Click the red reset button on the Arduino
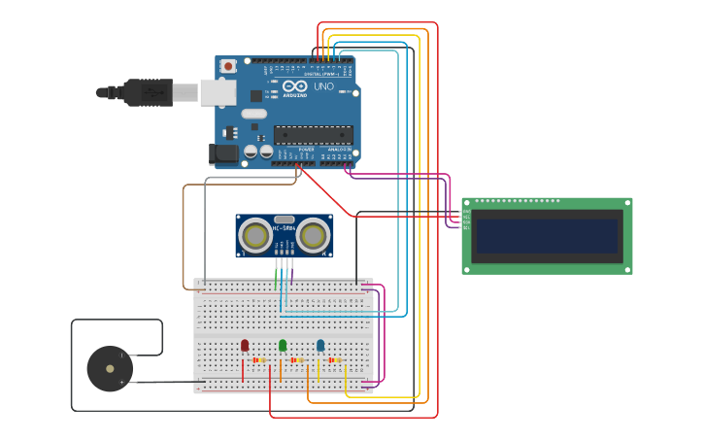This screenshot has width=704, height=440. point(228,66)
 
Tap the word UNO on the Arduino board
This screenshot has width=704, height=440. point(323,86)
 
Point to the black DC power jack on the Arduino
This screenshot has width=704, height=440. point(224,153)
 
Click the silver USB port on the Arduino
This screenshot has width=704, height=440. point(218,92)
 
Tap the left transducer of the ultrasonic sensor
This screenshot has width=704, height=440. point(255,235)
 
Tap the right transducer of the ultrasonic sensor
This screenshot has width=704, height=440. point(313,235)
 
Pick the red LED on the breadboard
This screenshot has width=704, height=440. point(245,345)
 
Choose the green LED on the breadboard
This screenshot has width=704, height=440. point(283,345)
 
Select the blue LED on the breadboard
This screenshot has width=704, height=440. point(320,345)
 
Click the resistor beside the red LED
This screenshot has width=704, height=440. point(259,360)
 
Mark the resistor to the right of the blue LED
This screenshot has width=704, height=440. point(335,360)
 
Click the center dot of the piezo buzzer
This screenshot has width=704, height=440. point(110,368)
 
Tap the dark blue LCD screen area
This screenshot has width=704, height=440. point(547,236)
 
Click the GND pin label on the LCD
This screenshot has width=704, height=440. point(466,211)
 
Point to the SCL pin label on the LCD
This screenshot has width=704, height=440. point(466,227)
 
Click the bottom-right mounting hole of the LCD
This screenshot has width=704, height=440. point(627,269)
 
